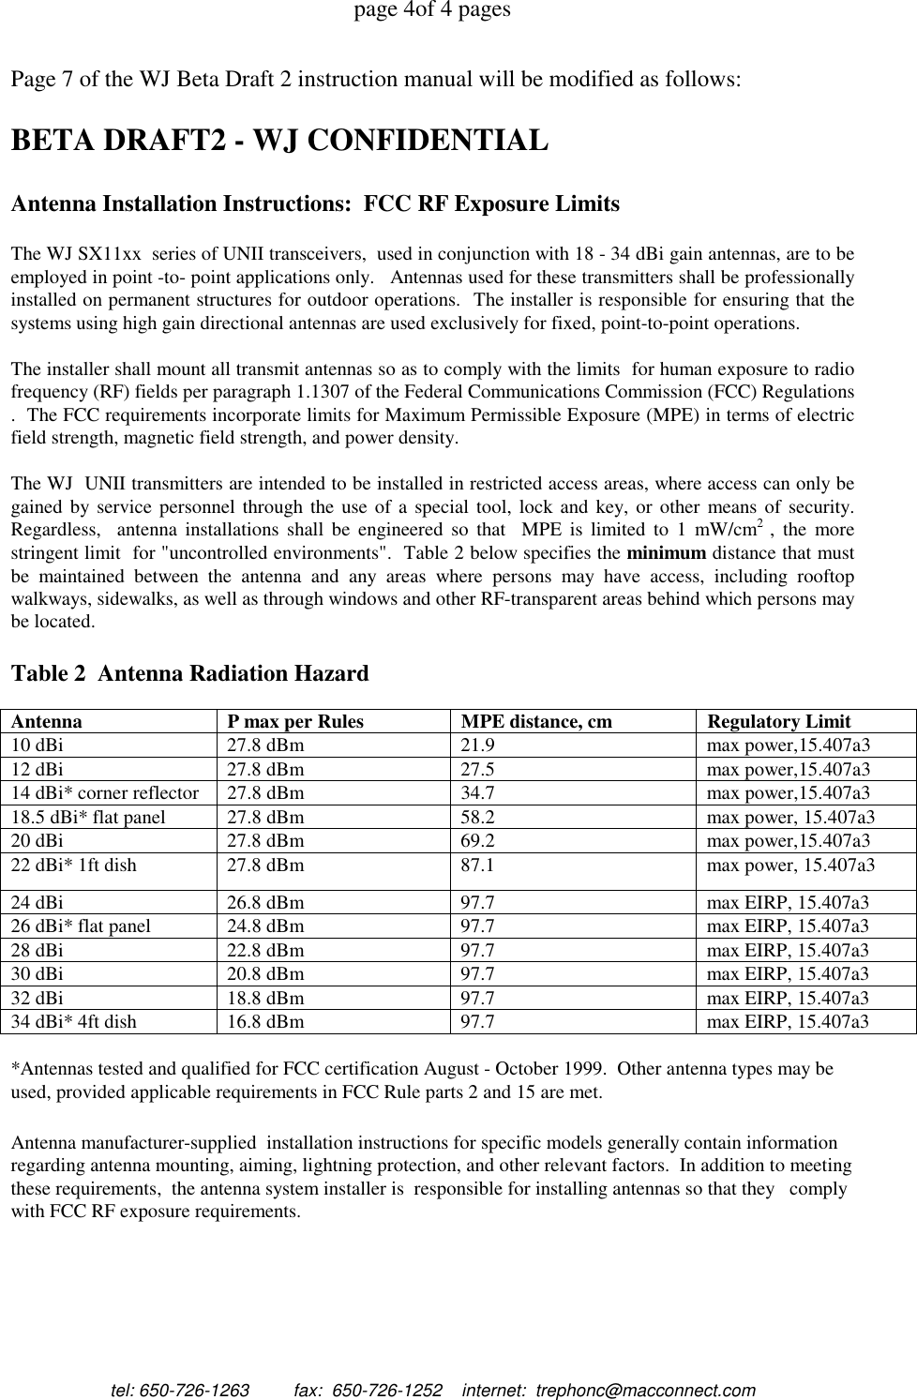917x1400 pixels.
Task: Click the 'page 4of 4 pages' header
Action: [431, 11]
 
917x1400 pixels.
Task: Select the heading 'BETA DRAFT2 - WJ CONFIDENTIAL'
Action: [278, 141]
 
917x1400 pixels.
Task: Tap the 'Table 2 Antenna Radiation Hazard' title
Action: [188, 673]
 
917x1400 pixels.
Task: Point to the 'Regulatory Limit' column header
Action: [778, 721]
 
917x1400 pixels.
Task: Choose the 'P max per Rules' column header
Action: [295, 721]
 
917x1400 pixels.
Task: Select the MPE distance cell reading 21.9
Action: [477, 745]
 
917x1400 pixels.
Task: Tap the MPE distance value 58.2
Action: [477, 817]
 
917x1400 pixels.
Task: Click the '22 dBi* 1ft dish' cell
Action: [73, 865]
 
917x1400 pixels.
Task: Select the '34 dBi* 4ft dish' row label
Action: [73, 1021]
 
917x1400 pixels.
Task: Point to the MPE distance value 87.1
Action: [477, 865]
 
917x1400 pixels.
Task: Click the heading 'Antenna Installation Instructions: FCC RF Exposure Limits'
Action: [315, 203]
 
